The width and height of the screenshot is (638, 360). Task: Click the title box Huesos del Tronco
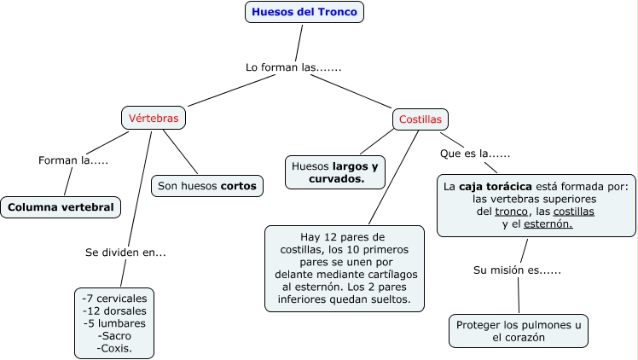[x=305, y=12]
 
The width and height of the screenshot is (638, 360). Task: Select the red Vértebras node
[x=154, y=119]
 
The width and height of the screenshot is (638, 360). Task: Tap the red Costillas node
[x=421, y=119]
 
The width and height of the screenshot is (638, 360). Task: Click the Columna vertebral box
[x=61, y=207]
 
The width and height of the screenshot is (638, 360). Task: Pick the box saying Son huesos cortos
[x=208, y=185]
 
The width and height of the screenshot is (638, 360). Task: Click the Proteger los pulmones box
[x=518, y=331]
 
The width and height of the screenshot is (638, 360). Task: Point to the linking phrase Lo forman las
[x=293, y=67]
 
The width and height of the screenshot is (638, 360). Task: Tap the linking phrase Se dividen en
[x=125, y=253]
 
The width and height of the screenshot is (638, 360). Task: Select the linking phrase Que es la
[x=474, y=154]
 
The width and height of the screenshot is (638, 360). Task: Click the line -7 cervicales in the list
[x=114, y=299]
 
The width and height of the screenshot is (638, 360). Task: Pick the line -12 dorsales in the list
[x=114, y=311]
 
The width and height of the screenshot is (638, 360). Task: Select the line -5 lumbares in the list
[x=114, y=323]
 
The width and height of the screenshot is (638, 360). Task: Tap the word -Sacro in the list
[x=114, y=335]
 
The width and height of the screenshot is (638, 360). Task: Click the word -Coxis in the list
[x=114, y=348]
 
